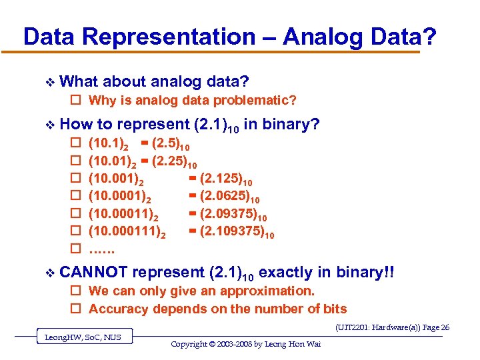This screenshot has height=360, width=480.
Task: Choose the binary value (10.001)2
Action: pyautogui.click(x=115, y=180)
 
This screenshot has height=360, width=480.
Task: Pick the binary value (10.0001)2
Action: pyautogui.click(x=119, y=198)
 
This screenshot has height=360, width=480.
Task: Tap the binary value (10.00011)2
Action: pyautogui.click(x=123, y=216)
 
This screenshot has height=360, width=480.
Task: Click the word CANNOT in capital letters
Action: pyautogui.click(x=94, y=272)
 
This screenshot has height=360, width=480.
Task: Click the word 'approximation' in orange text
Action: pyautogui.click(x=269, y=291)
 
